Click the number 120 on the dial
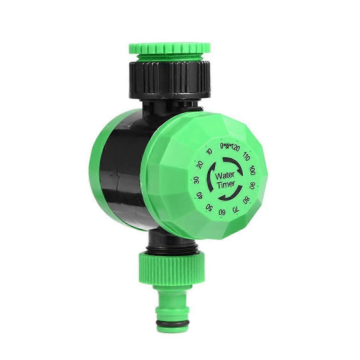[236, 148]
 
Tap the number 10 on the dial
[210, 152]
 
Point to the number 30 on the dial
[196, 180]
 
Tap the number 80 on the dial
[246, 200]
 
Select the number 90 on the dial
[252, 186]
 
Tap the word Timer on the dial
[226, 184]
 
